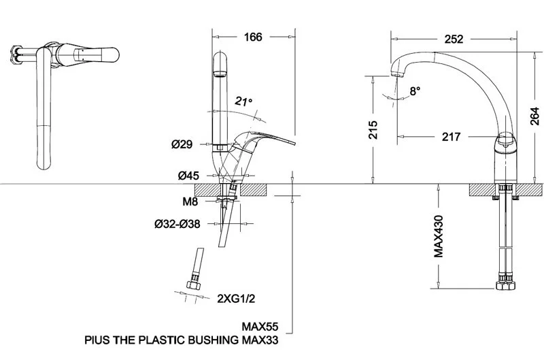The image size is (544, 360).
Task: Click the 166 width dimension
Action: pos(253,37)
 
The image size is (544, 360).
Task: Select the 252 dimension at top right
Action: pos(453,39)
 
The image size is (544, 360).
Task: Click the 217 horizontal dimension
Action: pos(451,137)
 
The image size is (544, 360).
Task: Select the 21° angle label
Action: pos(243,101)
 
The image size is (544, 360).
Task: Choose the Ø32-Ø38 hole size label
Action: pos(177,225)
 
